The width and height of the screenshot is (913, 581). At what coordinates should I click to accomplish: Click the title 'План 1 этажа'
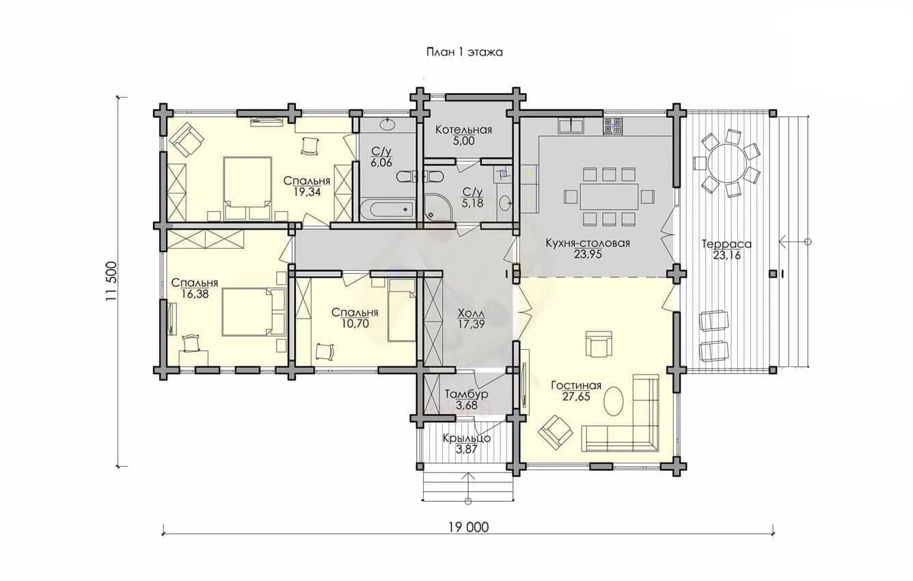pos(464,52)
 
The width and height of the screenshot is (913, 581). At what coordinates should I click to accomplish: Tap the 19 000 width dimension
pos(468,527)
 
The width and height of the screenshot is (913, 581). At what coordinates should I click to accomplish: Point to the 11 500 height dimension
pos(111,282)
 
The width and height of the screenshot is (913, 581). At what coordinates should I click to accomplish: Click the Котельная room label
pos(463,130)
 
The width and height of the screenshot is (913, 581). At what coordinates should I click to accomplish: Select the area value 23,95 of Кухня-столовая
pos(588,254)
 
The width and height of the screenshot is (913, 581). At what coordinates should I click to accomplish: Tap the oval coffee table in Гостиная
pos(613,401)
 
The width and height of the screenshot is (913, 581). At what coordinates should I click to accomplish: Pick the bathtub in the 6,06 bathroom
pos(387,210)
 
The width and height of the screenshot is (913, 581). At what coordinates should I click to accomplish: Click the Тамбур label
pos(466,394)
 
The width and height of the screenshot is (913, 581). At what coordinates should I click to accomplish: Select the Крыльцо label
pos(467,439)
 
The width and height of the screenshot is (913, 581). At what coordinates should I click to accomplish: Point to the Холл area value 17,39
pos(471,324)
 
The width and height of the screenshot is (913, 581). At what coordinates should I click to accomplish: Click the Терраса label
pos(726,244)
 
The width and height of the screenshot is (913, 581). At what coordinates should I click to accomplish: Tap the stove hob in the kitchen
pos(612,126)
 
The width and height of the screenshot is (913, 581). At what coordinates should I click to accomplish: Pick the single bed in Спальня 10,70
pos(401,310)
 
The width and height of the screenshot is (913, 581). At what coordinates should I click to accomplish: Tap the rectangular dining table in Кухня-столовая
pos(609,197)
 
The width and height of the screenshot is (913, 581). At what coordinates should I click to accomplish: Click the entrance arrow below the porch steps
pos(468,487)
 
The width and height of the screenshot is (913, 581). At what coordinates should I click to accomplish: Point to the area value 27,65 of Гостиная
pos(576,396)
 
